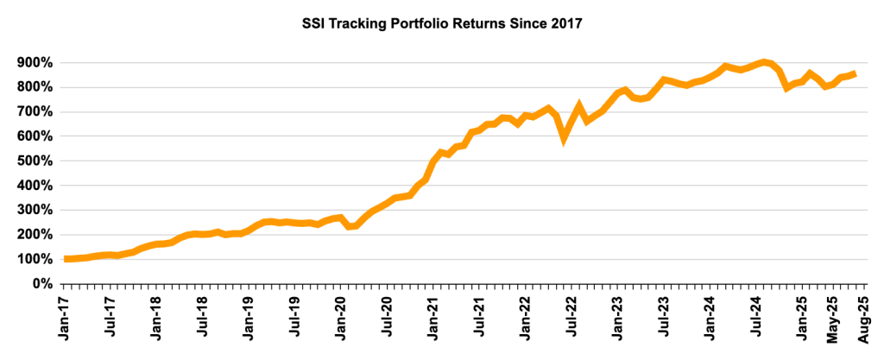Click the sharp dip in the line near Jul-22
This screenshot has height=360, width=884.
tap(564, 136)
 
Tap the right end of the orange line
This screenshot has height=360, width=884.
tap(855, 74)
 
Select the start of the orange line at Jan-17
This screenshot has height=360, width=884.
tap(67, 259)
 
